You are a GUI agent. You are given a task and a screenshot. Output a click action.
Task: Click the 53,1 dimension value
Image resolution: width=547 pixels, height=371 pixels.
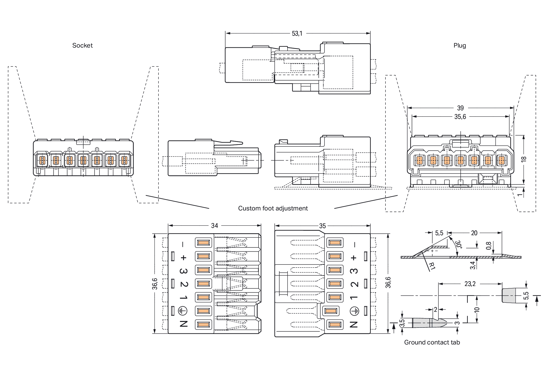tap(297, 34)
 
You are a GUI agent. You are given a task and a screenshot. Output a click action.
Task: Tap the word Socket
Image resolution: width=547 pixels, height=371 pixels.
tap(83, 46)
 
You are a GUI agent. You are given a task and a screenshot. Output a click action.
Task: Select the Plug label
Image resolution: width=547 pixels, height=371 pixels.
tap(460, 46)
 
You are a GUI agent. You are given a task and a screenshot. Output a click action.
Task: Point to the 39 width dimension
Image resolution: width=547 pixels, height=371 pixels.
tap(460, 108)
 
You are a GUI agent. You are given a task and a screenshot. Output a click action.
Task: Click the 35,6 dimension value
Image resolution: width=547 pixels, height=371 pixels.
tap(460, 117)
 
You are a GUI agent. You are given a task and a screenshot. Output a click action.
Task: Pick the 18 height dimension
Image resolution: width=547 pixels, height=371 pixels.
tap(524, 159)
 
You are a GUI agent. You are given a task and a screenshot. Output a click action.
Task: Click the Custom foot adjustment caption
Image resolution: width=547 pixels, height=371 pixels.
tap(273, 208)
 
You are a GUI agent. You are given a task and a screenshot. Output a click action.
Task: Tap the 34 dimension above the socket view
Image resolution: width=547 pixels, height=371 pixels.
tap(214, 226)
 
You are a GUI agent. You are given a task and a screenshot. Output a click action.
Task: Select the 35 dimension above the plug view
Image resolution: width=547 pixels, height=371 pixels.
tap(322, 226)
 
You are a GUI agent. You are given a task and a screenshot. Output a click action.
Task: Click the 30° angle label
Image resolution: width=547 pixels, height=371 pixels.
tap(459, 244)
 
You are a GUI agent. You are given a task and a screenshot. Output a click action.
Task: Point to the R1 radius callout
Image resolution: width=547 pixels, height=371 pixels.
tap(432, 266)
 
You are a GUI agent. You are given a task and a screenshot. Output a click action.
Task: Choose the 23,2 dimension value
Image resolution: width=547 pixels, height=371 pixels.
tap(470, 284)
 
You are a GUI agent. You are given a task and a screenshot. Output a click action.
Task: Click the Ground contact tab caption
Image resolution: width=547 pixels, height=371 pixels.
tap(432, 342)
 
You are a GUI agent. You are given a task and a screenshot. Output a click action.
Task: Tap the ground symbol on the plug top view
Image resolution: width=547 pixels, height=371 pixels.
tap(354, 311)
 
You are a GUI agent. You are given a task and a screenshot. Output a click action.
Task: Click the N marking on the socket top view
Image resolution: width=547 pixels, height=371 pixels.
tap(184, 324)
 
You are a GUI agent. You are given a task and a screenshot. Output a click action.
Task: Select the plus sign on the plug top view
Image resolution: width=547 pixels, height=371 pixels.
tap(354, 258)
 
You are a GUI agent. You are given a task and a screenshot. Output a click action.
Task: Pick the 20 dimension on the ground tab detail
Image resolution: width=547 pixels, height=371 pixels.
tap(474, 233)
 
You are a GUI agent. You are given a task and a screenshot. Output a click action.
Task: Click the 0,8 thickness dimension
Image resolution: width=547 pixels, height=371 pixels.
tap(489, 246)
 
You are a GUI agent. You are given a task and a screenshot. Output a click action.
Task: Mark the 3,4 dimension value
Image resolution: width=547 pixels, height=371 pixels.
tap(473, 265)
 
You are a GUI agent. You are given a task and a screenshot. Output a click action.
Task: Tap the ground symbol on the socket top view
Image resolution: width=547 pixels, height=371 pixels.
tap(183, 311)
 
